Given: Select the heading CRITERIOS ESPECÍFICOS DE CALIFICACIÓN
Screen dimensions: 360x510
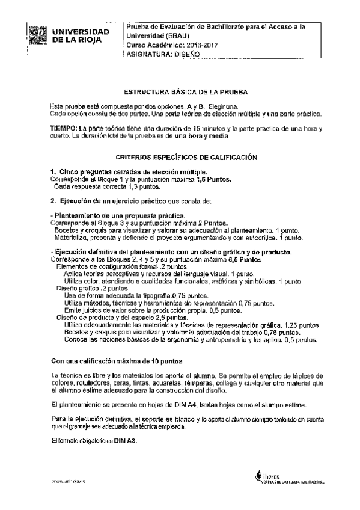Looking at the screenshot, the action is pyautogui.click(x=186, y=157).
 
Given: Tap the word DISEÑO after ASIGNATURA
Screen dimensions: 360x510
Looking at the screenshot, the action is pyautogui.click(x=185, y=53).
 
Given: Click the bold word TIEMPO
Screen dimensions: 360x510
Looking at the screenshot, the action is pyautogui.click(x=64, y=129).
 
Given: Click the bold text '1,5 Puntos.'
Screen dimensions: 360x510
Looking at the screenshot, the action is pyautogui.click(x=215, y=179).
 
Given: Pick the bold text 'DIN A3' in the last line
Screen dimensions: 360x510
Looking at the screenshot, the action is pyautogui.click(x=124, y=441).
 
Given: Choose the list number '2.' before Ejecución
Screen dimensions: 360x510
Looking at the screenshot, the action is pyautogui.click(x=53, y=201).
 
